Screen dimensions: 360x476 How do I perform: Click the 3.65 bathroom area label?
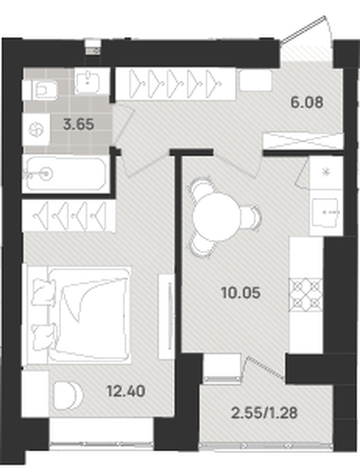78,124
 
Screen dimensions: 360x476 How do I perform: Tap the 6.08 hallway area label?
307,102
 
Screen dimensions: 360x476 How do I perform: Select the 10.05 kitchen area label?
241,292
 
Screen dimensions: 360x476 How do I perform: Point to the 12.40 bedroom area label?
126,391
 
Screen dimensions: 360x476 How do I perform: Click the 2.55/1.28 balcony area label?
265,413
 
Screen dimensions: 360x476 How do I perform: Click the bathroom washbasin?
90,82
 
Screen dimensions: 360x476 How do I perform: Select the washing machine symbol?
36,129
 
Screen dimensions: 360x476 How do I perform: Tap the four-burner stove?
307,294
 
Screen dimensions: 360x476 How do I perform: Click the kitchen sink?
325,212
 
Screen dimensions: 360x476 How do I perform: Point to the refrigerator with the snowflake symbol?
326,172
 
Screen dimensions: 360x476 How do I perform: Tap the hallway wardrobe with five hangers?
175,84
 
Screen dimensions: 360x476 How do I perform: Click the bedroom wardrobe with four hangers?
69,215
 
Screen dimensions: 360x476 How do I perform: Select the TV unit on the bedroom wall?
167,316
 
